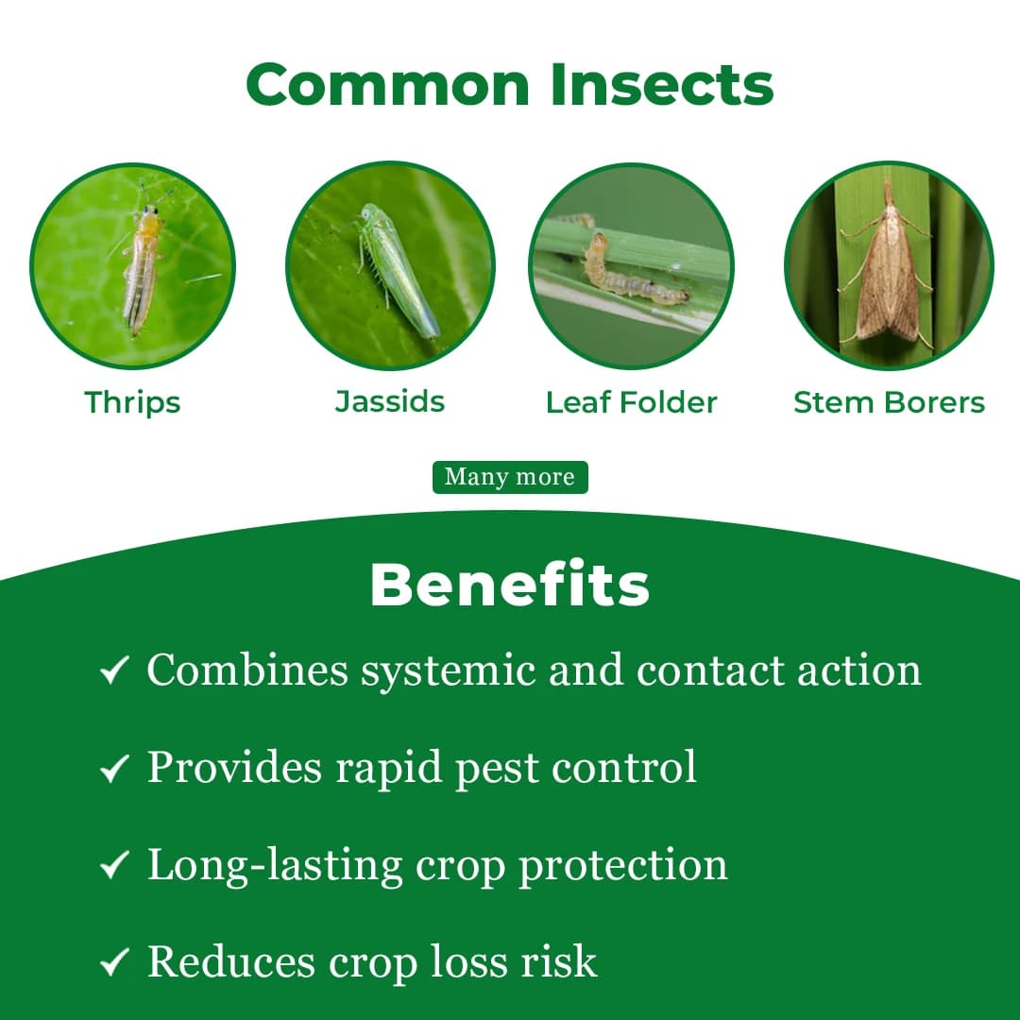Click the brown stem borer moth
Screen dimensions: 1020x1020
tap(887, 264)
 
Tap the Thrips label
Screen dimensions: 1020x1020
tap(132, 402)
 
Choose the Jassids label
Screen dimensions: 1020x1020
tap(390, 401)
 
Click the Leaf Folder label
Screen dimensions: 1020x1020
tap(631, 402)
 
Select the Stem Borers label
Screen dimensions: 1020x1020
tap(889, 402)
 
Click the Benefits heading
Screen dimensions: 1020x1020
tap(509, 586)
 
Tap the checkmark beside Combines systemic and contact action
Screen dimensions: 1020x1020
tap(113, 672)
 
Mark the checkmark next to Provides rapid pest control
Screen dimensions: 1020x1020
tap(113, 769)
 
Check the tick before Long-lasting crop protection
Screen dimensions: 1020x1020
tap(113, 865)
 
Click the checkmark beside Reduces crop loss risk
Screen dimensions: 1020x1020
tap(113, 962)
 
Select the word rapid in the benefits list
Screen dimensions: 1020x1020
tap(389, 769)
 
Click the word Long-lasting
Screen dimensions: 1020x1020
tap(275, 865)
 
